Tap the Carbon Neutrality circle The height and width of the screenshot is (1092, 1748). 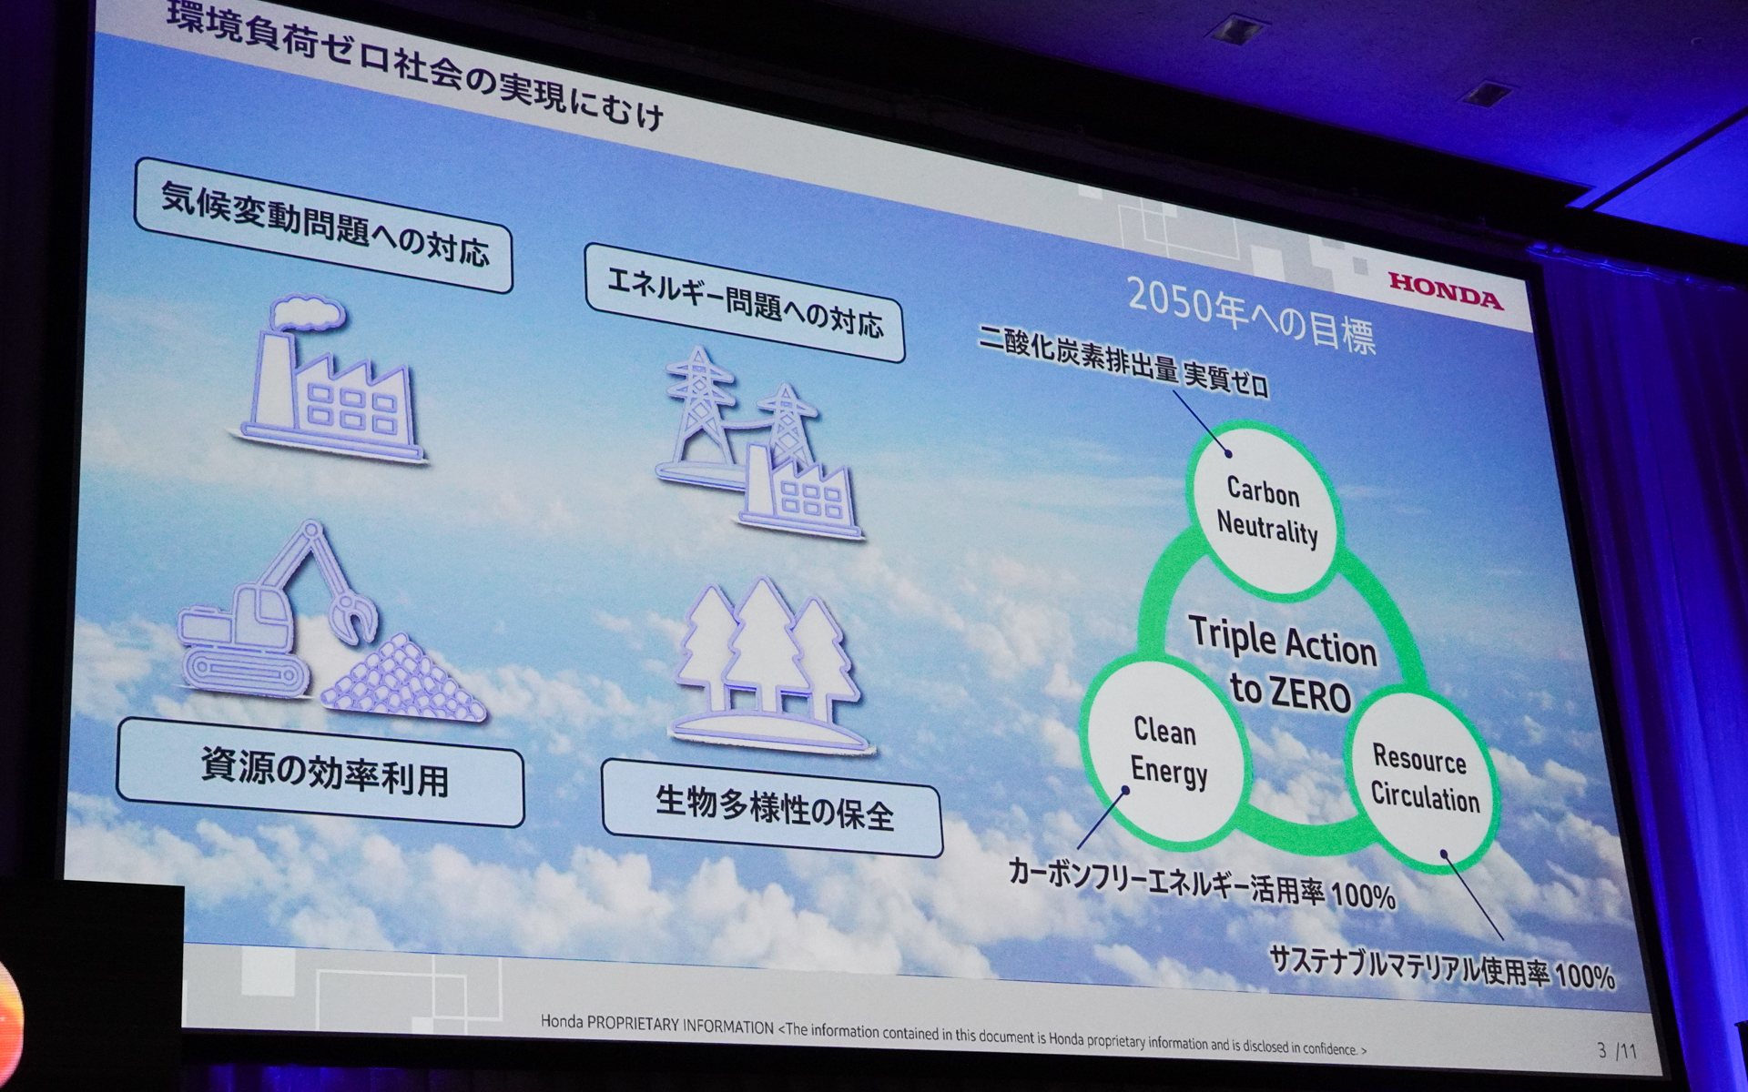[1266, 511]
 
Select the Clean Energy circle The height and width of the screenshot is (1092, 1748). [1166, 751]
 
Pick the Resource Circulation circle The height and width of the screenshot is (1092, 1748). [1422, 778]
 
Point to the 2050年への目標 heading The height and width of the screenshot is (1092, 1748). [1251, 314]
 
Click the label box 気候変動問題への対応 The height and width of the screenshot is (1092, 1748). [323, 225]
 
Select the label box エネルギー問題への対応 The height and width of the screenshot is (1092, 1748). [744, 303]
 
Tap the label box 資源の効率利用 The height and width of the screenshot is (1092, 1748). [321, 773]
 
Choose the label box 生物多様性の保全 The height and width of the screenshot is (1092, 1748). [772, 808]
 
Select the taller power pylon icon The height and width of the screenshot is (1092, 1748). [699, 400]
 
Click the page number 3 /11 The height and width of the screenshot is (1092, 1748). [1616, 1051]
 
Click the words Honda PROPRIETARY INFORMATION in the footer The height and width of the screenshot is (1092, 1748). [656, 1024]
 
